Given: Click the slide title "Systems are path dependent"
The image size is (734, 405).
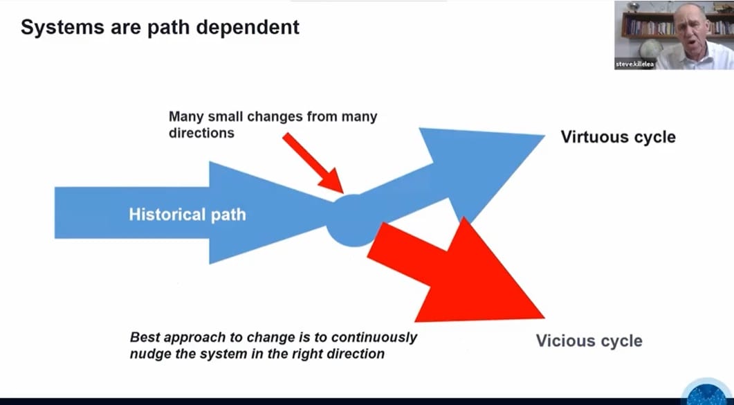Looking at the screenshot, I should coord(160,28).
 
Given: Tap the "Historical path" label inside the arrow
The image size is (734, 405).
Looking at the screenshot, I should coord(187,214).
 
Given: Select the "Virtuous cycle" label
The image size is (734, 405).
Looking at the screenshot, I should coord(618,136).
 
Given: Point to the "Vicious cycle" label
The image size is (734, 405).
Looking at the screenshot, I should coord(589,341).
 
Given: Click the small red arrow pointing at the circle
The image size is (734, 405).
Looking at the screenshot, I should coord(313,163).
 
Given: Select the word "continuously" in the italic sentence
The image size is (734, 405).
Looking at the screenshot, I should coord(374,338).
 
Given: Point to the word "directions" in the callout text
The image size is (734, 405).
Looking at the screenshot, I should coord(201,132).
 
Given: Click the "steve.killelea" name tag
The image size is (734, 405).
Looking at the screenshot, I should coord(634,64).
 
